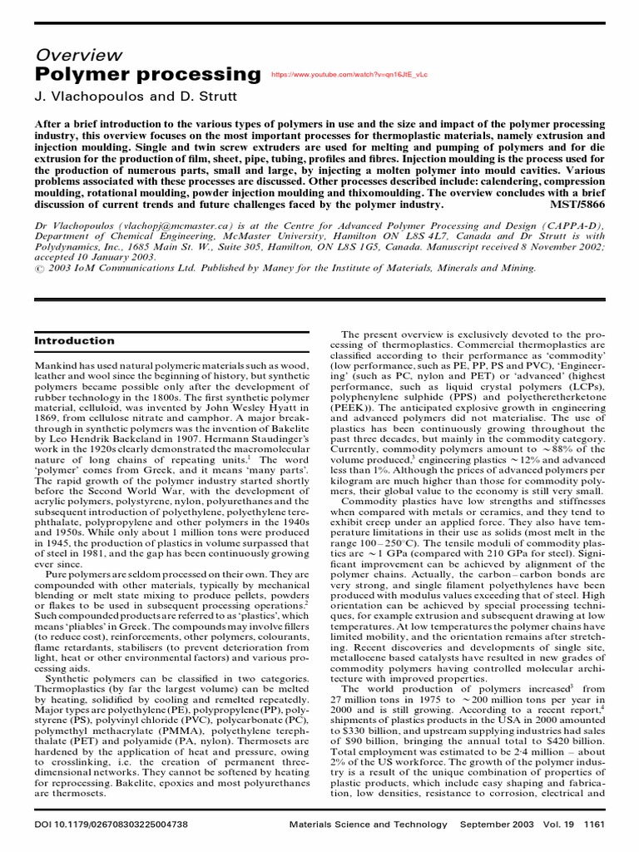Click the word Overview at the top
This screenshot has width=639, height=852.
(78, 55)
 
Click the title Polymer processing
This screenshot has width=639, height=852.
(147, 75)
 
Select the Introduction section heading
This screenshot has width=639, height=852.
(74, 340)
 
